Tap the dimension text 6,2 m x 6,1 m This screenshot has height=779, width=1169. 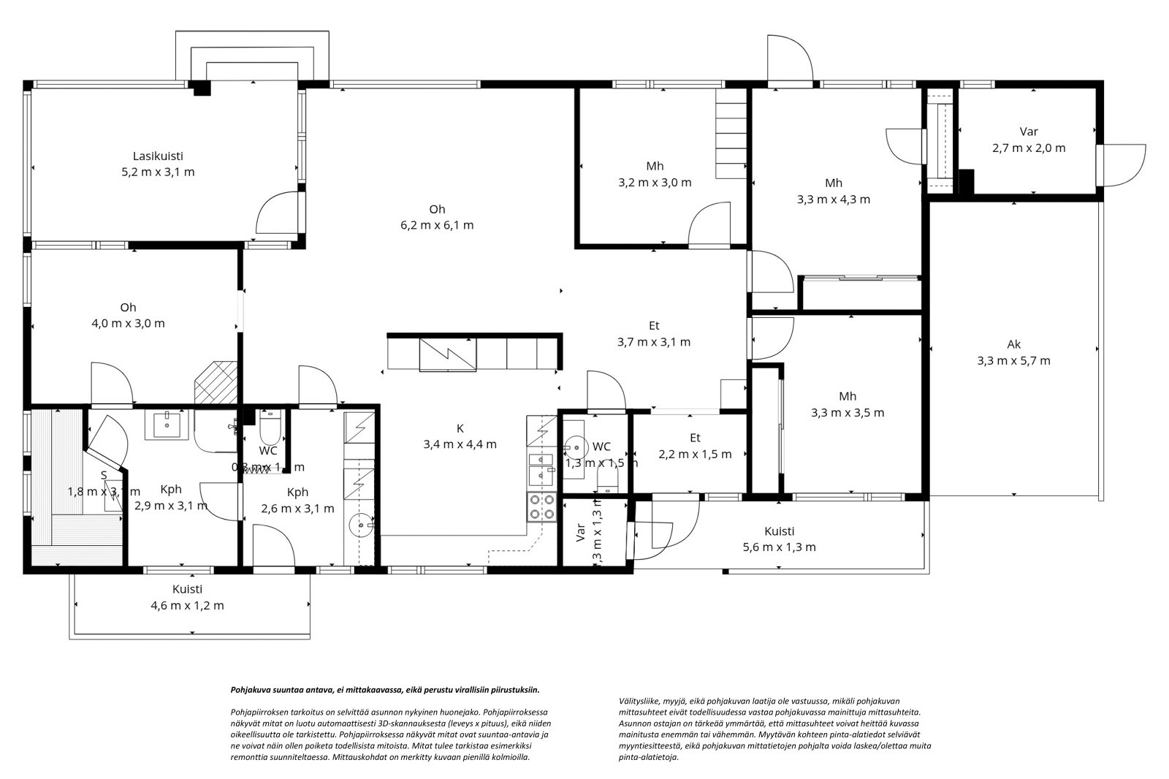[437, 225]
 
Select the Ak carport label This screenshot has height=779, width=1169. [1013, 344]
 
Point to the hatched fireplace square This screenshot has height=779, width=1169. [216, 381]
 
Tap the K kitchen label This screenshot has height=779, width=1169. [460, 428]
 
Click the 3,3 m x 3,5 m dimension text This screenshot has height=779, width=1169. [848, 413]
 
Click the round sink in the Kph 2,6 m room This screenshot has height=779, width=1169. [361, 525]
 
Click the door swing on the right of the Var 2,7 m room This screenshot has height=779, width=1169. [1124, 165]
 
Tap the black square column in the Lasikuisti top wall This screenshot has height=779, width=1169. [201, 88]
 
